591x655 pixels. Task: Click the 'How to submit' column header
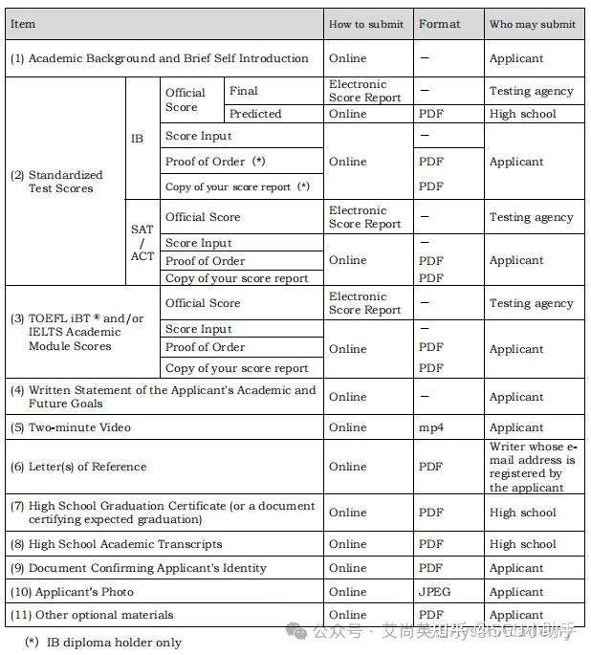pyautogui.click(x=365, y=24)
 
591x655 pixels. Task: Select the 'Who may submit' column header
pyautogui.click(x=532, y=24)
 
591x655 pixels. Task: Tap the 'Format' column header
pyautogui.click(x=439, y=24)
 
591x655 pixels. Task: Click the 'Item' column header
pyautogui.click(x=23, y=24)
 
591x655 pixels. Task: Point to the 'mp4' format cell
pyautogui.click(x=431, y=427)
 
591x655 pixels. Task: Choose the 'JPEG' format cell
pyautogui.click(x=434, y=592)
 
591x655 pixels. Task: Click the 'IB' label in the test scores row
pyautogui.click(x=138, y=139)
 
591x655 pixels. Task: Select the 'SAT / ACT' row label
pyautogui.click(x=142, y=243)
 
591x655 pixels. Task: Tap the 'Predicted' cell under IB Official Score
pyautogui.click(x=255, y=114)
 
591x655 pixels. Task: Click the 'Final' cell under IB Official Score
pyautogui.click(x=244, y=91)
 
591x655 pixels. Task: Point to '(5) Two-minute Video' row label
pyautogui.click(x=71, y=427)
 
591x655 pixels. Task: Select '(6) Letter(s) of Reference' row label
pyautogui.click(x=78, y=467)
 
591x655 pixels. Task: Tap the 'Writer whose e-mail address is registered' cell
pyautogui.click(x=534, y=467)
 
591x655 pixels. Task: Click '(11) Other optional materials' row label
pyautogui.click(x=92, y=615)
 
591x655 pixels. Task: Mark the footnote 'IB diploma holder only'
pyautogui.click(x=113, y=643)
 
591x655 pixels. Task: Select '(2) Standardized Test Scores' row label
pyautogui.click(x=57, y=182)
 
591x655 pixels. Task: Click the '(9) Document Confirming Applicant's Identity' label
pyautogui.click(x=139, y=568)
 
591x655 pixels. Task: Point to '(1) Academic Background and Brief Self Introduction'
pyautogui.click(x=160, y=58)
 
